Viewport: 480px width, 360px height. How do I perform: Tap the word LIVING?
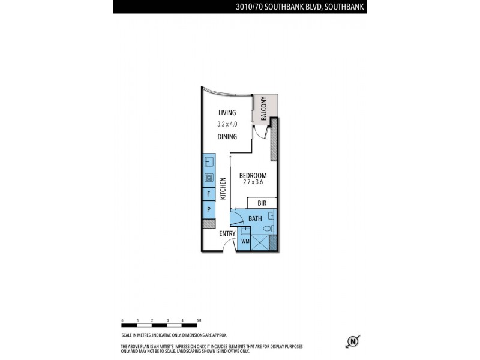pos(227,112)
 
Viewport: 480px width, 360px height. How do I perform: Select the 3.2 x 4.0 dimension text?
pos(227,124)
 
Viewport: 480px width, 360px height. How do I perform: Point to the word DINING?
pos(227,137)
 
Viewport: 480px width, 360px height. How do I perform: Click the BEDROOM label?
pos(253,175)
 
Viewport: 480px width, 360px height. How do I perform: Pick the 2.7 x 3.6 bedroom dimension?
pos(253,182)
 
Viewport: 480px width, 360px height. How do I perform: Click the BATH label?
pos(255,219)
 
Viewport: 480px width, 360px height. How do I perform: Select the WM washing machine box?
pos(245,241)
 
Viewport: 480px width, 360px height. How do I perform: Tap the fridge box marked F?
pos(209,195)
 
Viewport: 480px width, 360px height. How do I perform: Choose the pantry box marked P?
pos(209,210)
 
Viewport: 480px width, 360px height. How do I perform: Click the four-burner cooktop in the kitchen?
pos(209,177)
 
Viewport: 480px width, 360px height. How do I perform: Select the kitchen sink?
pos(209,161)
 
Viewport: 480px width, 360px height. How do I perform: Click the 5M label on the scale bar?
pos(198,321)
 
